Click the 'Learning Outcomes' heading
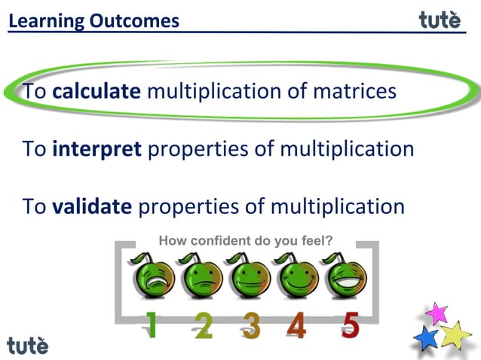click(x=94, y=20)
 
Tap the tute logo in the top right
click(x=440, y=20)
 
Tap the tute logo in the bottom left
click(x=28, y=345)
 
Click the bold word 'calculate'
click(x=97, y=92)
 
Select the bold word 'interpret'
click(x=97, y=148)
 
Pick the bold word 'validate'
click(x=92, y=206)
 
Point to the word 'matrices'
click(x=354, y=92)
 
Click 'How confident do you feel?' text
click(x=246, y=241)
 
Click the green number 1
click(x=152, y=325)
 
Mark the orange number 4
click(x=296, y=325)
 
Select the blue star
click(x=427, y=337)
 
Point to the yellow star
click(x=456, y=334)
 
